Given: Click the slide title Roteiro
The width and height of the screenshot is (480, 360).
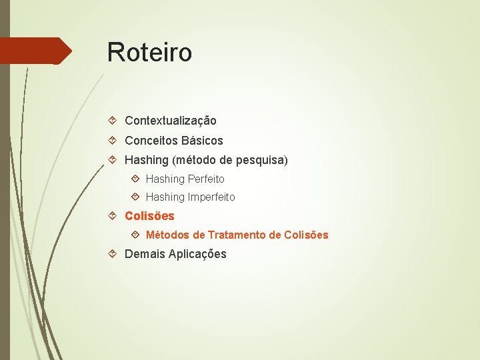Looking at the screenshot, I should pyautogui.click(x=149, y=52).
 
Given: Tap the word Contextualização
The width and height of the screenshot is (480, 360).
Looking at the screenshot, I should pyautogui.click(x=171, y=121).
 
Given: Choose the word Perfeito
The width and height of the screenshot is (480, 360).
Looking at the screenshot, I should pyautogui.click(x=206, y=179).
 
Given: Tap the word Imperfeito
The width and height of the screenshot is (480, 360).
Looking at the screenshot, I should pyautogui.click(x=211, y=197).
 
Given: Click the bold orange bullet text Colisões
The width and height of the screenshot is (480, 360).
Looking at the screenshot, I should pyautogui.click(x=149, y=216).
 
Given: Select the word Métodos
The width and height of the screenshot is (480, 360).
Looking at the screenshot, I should pyautogui.click(x=167, y=235).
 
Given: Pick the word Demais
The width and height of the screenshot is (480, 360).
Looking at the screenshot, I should pyautogui.click(x=145, y=254).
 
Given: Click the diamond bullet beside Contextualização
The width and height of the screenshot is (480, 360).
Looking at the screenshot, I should pyautogui.click(x=113, y=121).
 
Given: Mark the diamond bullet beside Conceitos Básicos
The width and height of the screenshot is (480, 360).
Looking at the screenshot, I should pyautogui.click(x=113, y=141).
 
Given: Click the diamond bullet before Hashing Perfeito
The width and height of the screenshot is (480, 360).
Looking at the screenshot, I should pyautogui.click(x=135, y=179).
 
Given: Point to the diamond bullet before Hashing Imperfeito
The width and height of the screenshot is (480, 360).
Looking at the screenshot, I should pyautogui.click(x=135, y=197).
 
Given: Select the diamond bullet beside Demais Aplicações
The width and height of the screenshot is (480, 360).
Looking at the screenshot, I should pyautogui.click(x=113, y=254).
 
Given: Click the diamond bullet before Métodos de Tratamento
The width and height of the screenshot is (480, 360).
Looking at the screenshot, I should pyautogui.click(x=135, y=235).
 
